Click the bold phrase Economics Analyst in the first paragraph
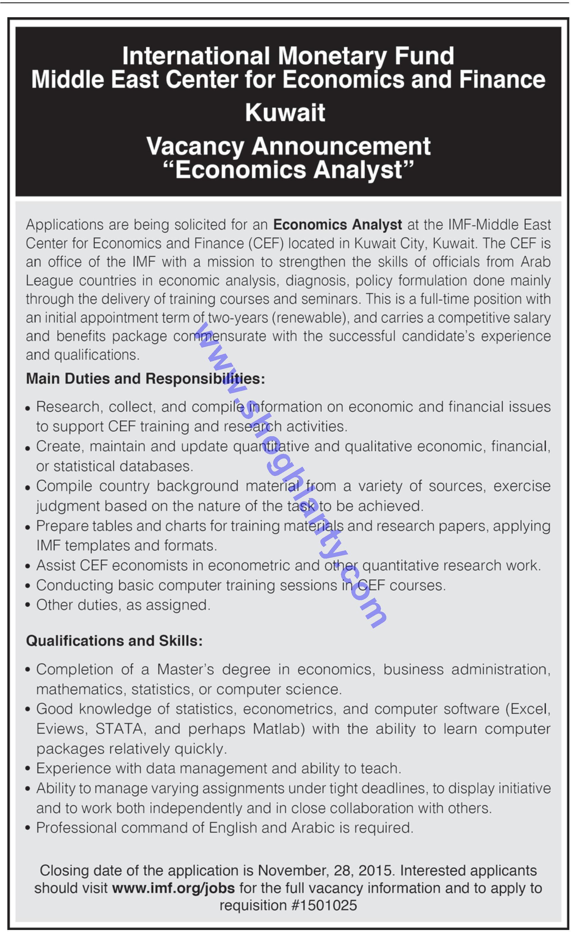click(338, 224)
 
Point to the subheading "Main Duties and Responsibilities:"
click(145, 379)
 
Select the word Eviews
click(59, 729)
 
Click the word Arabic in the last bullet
click(313, 828)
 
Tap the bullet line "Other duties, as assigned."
click(123, 605)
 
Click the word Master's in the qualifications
click(185, 669)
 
